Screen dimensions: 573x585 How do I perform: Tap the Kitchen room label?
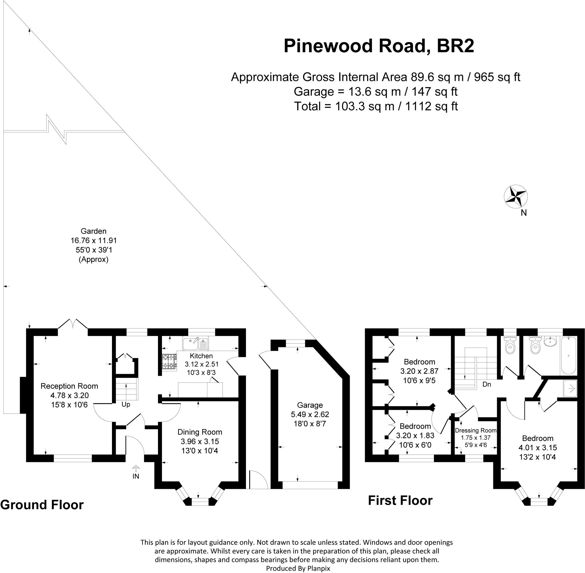[x=201, y=356]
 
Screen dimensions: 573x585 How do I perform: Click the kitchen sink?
[x=195, y=343]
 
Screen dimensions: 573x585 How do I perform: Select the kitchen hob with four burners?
[x=169, y=362]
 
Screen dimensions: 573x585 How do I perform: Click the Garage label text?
[x=310, y=405]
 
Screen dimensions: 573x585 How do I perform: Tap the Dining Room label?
[x=200, y=432]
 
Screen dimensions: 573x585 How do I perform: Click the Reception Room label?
[x=69, y=386]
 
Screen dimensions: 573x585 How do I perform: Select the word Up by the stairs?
[x=126, y=404]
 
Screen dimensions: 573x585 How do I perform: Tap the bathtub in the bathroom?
[x=568, y=356]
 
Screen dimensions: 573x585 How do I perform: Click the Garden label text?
[x=93, y=231]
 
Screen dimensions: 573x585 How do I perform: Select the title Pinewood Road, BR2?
[x=379, y=46]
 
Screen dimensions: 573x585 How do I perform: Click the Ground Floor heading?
[x=42, y=505]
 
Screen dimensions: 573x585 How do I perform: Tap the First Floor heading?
[x=400, y=501]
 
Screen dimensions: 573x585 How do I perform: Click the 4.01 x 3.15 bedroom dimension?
[x=537, y=448]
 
